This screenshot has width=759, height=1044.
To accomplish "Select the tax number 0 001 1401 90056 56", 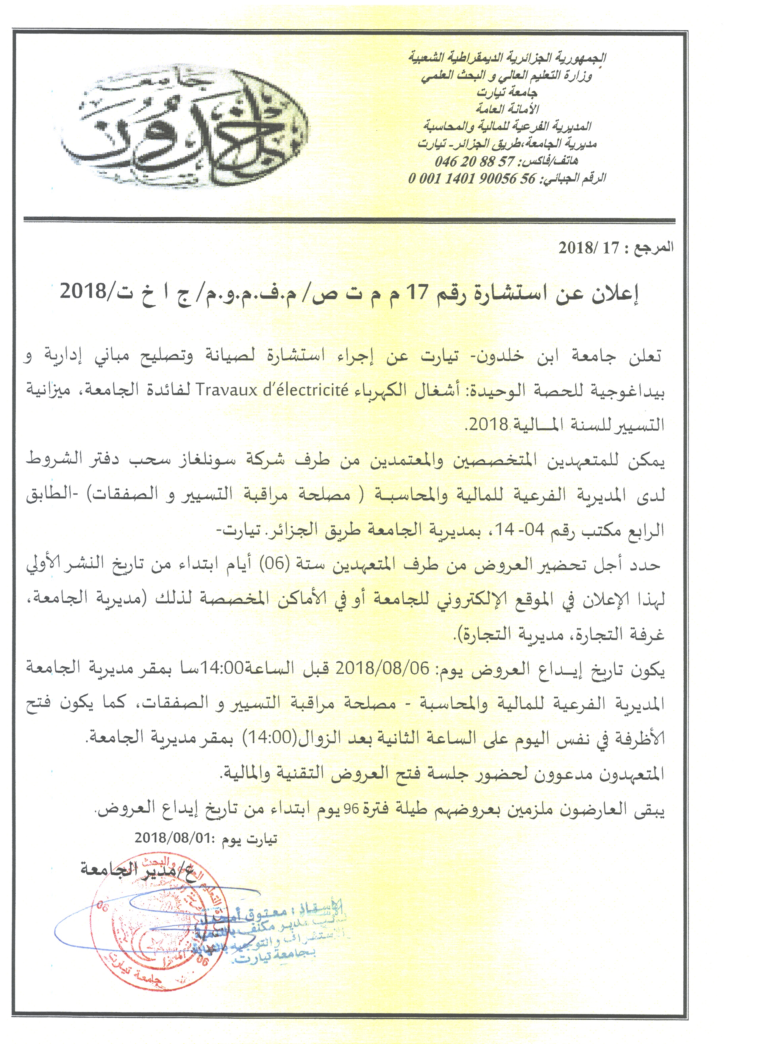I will click(x=472, y=179).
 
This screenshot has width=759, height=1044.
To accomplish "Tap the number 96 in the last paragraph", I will click(x=352, y=810).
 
